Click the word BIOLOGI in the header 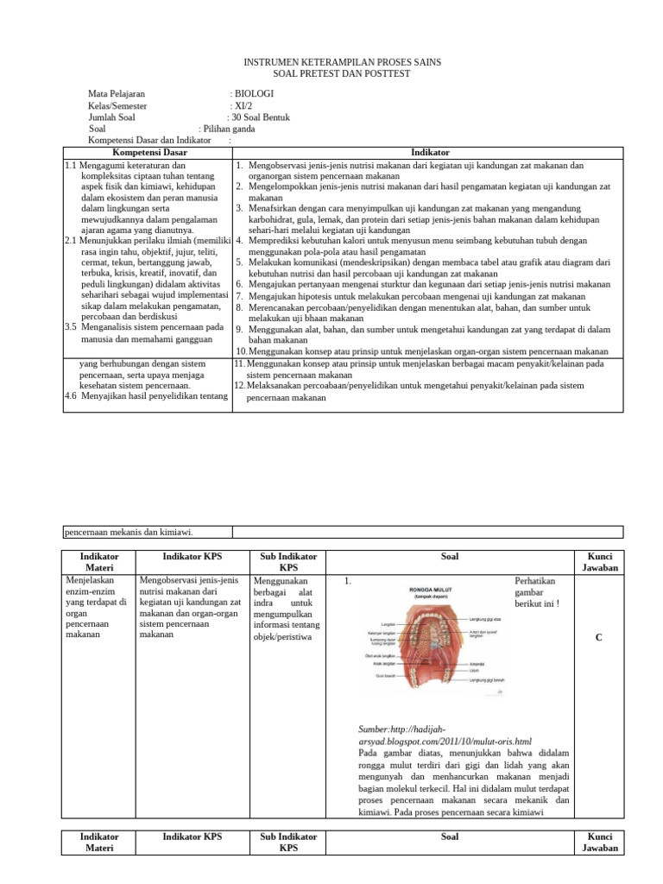coord(255,94)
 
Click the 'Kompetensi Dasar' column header coord(148,152)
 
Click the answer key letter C coord(598,638)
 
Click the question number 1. coord(347,581)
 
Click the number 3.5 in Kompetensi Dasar coord(73,327)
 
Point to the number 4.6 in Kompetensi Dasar coord(73,396)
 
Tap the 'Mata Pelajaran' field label coord(117,94)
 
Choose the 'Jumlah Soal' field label coord(111,117)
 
